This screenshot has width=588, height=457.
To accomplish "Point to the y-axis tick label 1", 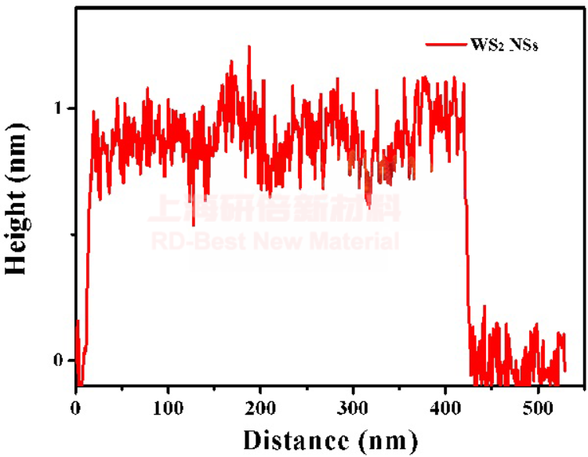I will click(x=57, y=107).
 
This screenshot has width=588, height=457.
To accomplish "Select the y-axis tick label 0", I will click(x=57, y=361).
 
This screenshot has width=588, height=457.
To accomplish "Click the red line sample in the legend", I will click(x=445, y=45).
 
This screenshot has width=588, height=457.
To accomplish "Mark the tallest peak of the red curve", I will click(x=249, y=47).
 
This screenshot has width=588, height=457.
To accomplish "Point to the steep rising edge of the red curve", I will click(x=87, y=235).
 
